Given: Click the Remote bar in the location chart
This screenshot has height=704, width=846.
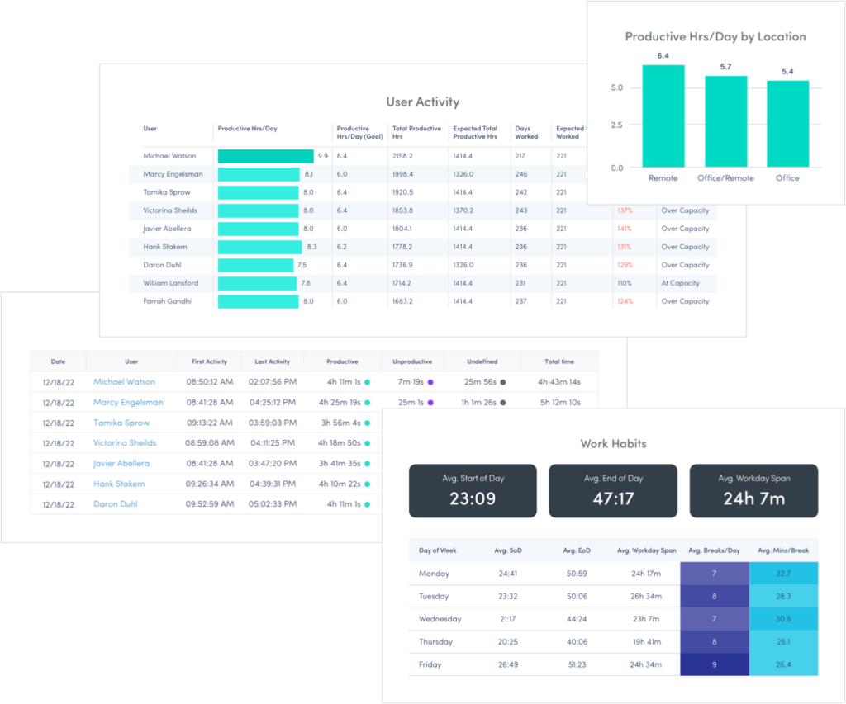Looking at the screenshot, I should tap(663, 116).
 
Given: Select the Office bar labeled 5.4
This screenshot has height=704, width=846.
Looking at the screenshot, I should tap(787, 124).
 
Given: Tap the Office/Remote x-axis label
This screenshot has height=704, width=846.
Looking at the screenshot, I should tap(725, 178).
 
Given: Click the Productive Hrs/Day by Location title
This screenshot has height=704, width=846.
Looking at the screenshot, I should tap(715, 37).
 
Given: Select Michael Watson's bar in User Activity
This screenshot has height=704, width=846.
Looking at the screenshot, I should tap(265, 156).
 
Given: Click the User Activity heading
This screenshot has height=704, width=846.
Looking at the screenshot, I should tap(422, 102).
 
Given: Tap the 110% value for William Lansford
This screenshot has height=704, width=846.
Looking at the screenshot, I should tap(624, 283).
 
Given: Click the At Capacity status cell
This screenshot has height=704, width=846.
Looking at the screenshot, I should tap(681, 283).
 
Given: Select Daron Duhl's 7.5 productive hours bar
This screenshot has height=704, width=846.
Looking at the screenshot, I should tap(255, 265).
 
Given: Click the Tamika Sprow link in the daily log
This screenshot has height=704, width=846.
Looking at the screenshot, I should tap(121, 423).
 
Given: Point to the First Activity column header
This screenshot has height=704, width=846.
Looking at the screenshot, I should tap(209, 361).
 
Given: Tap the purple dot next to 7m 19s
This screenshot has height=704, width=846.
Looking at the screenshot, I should tap(430, 382).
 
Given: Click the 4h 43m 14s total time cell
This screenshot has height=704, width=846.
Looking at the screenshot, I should tap(558, 382).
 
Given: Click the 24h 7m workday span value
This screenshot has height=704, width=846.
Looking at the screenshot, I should tap(753, 498).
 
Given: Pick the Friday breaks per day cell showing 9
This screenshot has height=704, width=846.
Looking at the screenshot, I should tap(714, 664).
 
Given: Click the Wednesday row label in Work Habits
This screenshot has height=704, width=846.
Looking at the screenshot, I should tap(440, 619).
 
